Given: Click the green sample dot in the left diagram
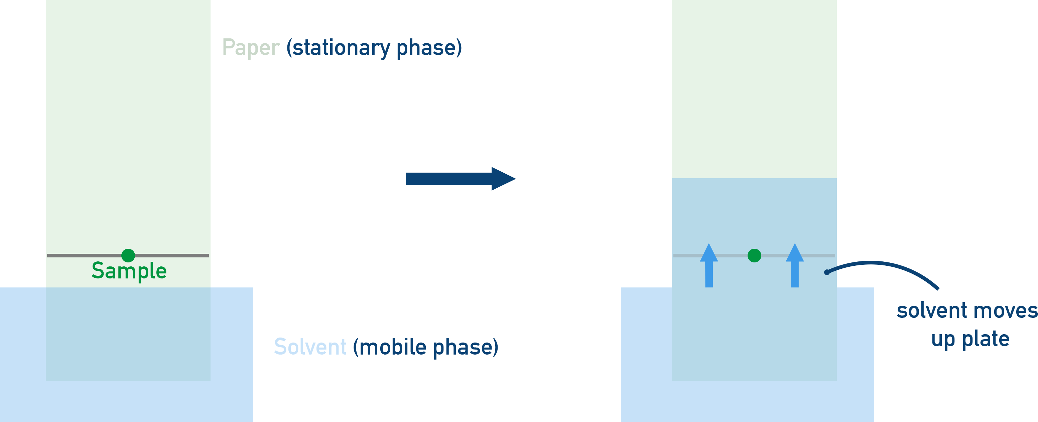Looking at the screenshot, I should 128,255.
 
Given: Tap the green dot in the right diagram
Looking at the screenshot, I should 754,255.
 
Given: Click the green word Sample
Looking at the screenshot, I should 129,271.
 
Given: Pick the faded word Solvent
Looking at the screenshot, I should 310,347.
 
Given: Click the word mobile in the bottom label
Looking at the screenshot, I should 392,347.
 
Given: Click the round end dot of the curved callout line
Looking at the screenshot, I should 827,272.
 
